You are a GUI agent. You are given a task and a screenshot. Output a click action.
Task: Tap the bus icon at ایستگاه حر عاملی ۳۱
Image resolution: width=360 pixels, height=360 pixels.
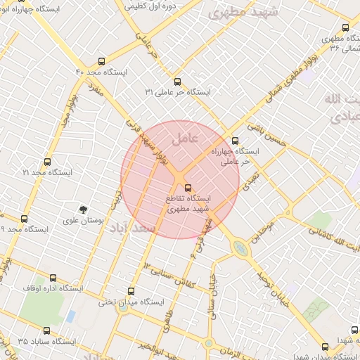point(176,81)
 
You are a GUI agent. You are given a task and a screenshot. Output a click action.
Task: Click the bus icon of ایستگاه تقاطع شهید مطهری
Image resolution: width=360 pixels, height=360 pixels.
point(187,188)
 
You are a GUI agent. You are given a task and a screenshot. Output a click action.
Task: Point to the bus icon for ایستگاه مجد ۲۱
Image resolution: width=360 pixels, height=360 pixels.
point(47,162)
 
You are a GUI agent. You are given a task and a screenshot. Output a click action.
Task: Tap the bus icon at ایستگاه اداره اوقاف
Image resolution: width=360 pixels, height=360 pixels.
point(53,278)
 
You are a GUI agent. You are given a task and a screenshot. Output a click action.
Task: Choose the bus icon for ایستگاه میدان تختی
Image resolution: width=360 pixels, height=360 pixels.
point(131,291)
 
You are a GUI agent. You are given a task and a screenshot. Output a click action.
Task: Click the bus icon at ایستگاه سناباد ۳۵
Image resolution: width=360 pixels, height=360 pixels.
point(47,330)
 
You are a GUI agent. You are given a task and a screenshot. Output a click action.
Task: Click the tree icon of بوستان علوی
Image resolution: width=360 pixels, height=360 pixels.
point(83,209)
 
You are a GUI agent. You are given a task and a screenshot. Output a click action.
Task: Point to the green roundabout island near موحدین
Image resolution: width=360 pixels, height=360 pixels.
point(240,248)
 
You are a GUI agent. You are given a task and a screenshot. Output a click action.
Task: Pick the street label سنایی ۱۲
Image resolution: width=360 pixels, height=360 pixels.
point(157,264)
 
